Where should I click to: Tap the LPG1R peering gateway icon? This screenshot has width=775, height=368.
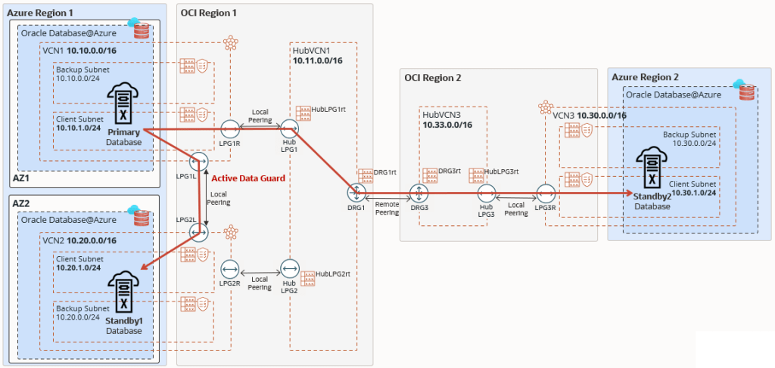(x=230, y=129)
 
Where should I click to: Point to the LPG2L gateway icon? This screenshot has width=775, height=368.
(x=200, y=233)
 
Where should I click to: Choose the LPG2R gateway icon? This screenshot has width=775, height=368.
(x=230, y=268)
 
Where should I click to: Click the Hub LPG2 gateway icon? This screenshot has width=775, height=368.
(x=290, y=268)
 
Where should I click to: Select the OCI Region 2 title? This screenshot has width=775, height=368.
(x=432, y=77)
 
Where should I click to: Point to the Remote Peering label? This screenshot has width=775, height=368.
(x=387, y=209)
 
